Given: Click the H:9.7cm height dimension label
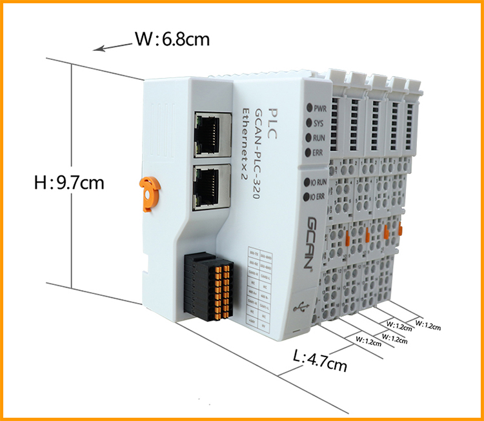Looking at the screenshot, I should pyautogui.click(x=69, y=182).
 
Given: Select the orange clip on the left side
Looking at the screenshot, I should pyautogui.click(x=147, y=190).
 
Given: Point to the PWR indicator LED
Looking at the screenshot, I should pyautogui.click(x=310, y=108).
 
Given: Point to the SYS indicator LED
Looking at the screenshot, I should pyautogui.click(x=310, y=122).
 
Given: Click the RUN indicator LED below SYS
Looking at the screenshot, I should pyautogui.click(x=310, y=137).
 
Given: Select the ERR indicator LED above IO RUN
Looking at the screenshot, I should pyautogui.click(x=309, y=152).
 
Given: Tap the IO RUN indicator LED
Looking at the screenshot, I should pyautogui.click(x=307, y=182).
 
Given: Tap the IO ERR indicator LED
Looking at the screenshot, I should pyautogui.click(x=307, y=197).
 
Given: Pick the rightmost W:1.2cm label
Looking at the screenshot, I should pyautogui.click(x=427, y=325).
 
